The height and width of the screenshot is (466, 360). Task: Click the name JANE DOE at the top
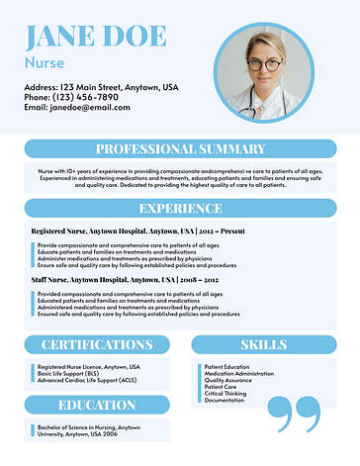pos(95,37)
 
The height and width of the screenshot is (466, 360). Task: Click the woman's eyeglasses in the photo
pos(263,64)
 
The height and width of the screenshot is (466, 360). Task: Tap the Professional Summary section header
pos(180,149)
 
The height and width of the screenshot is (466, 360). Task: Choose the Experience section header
pos(180,209)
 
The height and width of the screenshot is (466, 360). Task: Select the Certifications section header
pos(97,344)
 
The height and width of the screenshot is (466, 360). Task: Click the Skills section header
pos(264,344)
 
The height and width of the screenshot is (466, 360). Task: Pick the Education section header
pos(97,405)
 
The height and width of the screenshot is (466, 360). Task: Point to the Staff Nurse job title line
pos(127,280)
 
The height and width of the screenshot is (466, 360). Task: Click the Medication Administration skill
pos(239,373)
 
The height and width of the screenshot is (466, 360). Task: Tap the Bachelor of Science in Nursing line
pos(89,427)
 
